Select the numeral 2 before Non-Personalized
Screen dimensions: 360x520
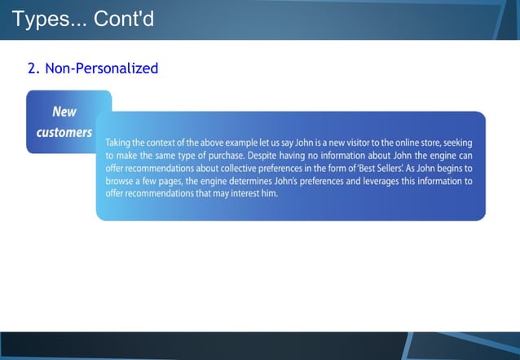[32, 68]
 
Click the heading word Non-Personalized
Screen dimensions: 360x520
[101, 68]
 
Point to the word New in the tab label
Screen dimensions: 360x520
[64, 112]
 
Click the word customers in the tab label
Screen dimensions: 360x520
[64, 132]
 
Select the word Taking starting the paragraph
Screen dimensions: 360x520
[121, 143]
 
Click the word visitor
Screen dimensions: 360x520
[360, 143]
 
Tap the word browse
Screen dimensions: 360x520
[122, 182]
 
